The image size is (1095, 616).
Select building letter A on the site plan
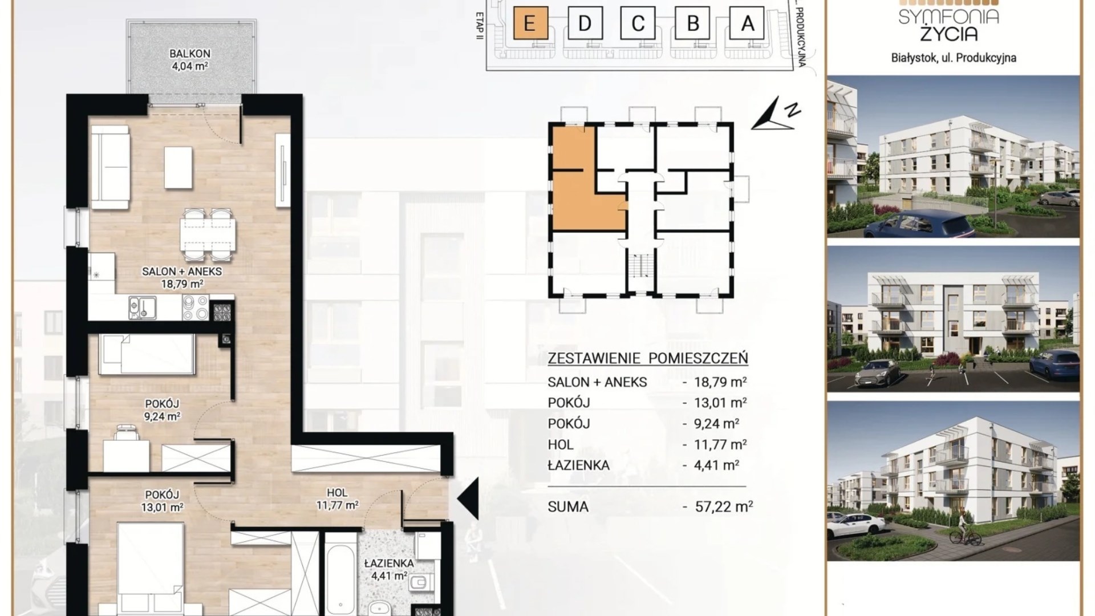[x=747, y=23]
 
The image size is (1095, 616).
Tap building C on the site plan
[x=638, y=23]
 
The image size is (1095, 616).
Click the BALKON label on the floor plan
[x=190, y=54]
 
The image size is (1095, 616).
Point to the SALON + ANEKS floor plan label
[x=182, y=271]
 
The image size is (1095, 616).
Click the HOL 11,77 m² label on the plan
[x=338, y=499]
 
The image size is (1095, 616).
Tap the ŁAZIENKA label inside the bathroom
[x=390, y=563]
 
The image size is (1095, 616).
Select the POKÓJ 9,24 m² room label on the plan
[x=163, y=410]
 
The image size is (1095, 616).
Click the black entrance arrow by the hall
[x=468, y=499]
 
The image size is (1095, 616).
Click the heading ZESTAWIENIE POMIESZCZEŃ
[x=648, y=358]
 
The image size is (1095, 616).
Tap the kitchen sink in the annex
[x=143, y=307]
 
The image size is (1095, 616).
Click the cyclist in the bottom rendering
[x=964, y=530]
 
